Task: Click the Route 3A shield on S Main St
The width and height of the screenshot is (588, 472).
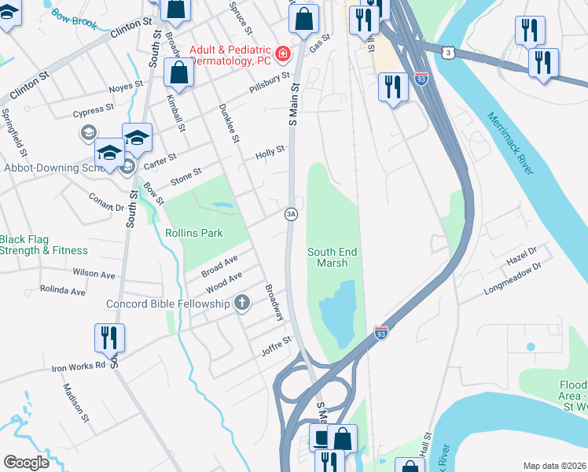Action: [x=291, y=214]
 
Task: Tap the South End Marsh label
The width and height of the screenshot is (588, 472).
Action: [x=332, y=257]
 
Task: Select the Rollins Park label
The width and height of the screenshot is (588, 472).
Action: [x=194, y=233]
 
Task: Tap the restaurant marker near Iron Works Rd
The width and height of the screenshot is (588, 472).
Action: [x=108, y=338]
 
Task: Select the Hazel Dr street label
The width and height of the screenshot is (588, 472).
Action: [x=520, y=251]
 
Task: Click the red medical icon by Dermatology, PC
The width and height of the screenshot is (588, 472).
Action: [x=281, y=54]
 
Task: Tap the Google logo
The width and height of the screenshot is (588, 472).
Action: [x=26, y=462]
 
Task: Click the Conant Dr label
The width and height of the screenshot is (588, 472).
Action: [x=106, y=202]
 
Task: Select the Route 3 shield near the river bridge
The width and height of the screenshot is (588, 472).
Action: [x=447, y=52]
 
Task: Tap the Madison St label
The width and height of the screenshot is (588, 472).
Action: [x=78, y=401]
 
